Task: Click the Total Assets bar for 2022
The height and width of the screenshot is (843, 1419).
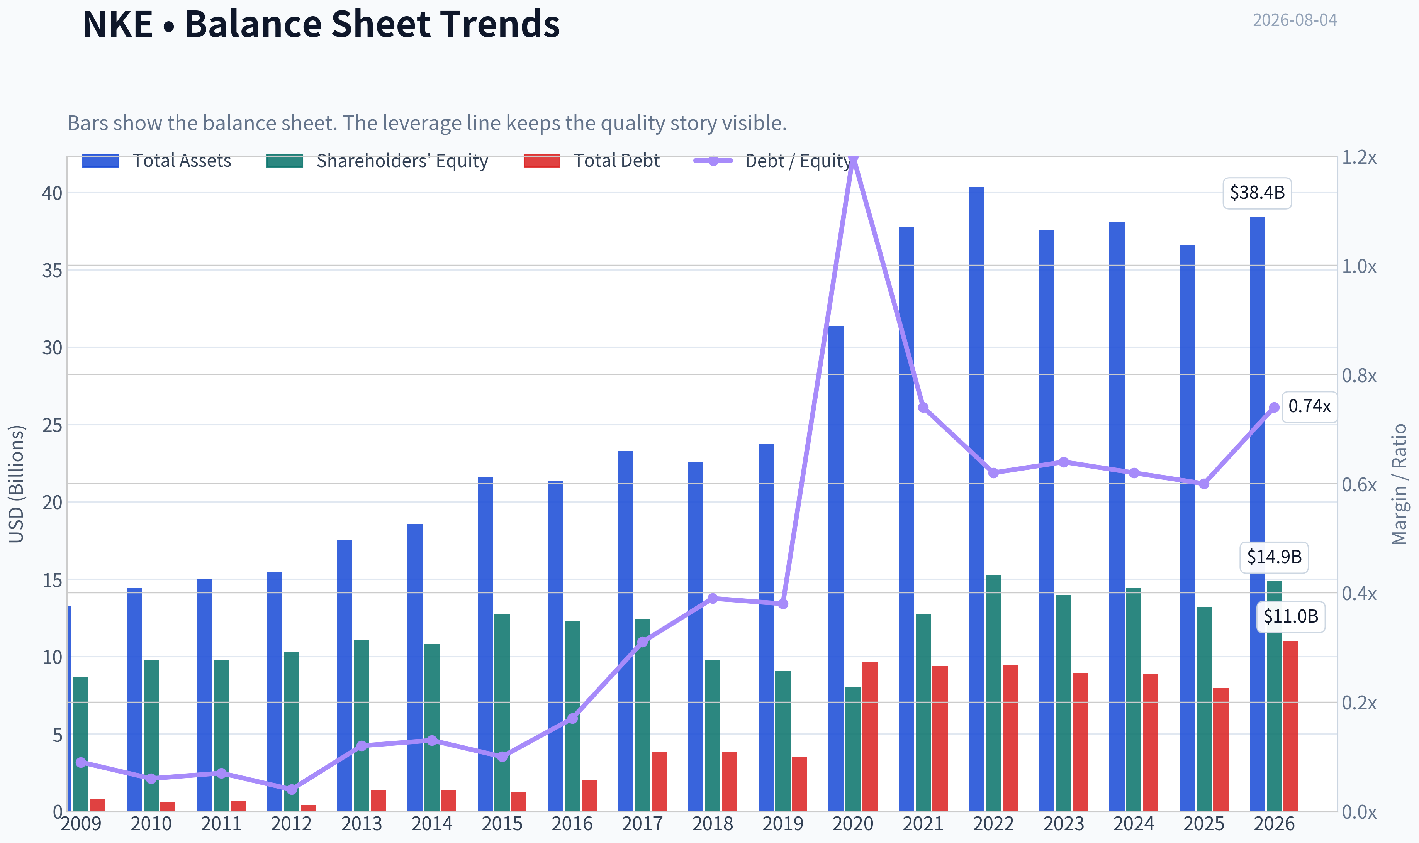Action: coord(976,499)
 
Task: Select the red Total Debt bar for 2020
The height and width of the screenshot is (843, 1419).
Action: coord(869,736)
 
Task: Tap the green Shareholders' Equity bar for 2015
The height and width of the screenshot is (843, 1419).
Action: coord(502,713)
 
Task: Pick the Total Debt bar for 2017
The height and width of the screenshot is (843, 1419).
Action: coord(659,781)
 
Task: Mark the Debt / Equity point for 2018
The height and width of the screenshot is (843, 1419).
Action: coord(713,598)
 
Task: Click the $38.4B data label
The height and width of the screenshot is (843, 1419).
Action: coord(1257,193)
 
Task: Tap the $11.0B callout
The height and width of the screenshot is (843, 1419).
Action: coord(1290,616)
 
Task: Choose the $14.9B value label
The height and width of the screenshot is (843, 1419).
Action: coord(1274,557)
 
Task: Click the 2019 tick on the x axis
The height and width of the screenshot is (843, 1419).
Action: coord(782,824)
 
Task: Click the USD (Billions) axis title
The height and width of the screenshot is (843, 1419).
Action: coord(17,484)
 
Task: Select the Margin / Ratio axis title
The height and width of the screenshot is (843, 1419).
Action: coord(1399,484)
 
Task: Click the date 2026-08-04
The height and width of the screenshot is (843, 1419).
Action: coord(1295,20)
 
